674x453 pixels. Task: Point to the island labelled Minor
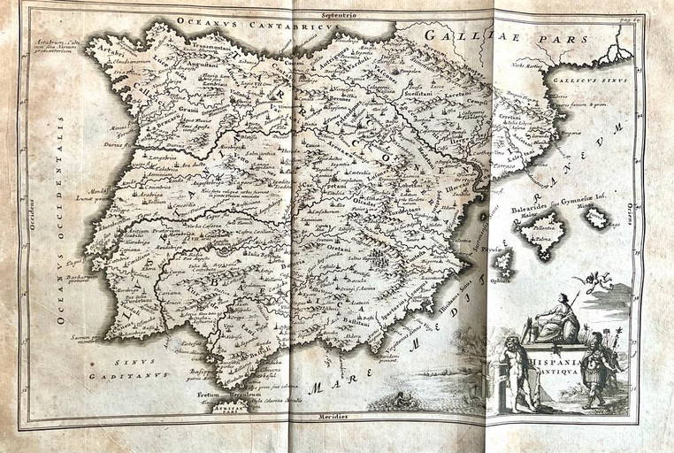coord(596,215)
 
